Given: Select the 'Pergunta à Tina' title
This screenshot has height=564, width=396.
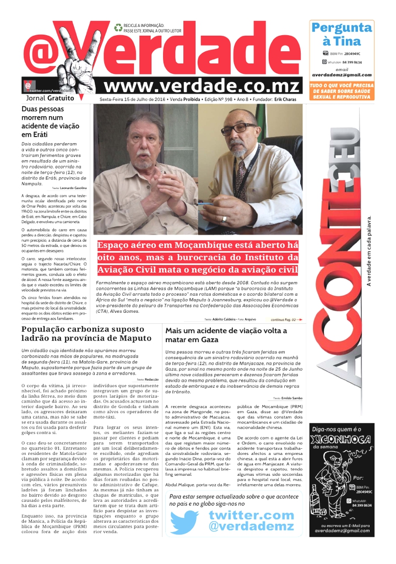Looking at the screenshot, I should click(341, 34).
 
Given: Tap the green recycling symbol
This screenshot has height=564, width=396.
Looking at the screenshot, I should click(118, 27).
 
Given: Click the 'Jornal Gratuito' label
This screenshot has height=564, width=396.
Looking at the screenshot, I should click(50, 98).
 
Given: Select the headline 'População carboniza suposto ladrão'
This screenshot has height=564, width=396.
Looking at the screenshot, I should click(85, 334).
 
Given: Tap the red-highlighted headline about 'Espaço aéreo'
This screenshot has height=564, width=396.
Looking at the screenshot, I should click(198, 257).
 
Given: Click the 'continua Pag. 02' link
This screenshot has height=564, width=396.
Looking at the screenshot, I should click(286, 319).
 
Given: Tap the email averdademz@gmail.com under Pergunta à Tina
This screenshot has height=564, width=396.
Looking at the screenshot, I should click(341, 75).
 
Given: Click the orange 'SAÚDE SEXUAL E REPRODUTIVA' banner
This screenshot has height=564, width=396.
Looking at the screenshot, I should click(341, 91).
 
